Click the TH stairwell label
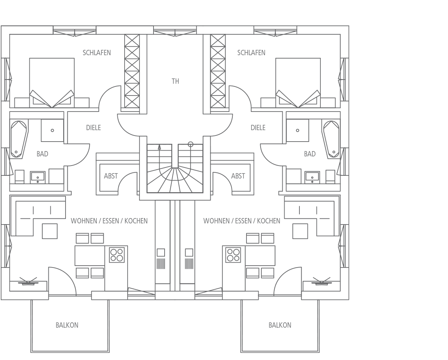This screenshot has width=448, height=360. (x=175, y=81)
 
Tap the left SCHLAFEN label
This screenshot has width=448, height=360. (x=97, y=53)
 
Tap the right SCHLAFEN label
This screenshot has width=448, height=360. (x=251, y=53)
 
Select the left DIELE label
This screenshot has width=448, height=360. (x=93, y=127)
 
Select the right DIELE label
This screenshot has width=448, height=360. (x=258, y=127)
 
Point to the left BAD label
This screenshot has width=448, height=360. (x=42, y=154)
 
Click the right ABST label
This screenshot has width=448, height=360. (x=238, y=176)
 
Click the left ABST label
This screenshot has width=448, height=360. (x=111, y=176)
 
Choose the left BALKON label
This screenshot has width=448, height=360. (x=67, y=325)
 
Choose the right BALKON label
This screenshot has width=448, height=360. (x=280, y=325)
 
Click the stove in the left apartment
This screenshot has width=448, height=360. (x=117, y=255)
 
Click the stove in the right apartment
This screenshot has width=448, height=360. (x=234, y=255)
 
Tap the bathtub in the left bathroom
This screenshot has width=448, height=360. (x=19, y=139)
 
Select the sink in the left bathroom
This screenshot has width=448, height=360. (x=37, y=177)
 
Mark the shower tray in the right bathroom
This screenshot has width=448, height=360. (x=298, y=131)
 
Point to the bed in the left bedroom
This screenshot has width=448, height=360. (x=52, y=83)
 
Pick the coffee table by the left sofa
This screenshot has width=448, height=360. (x=50, y=231)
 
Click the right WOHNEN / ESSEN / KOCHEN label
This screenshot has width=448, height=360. (x=242, y=221)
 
